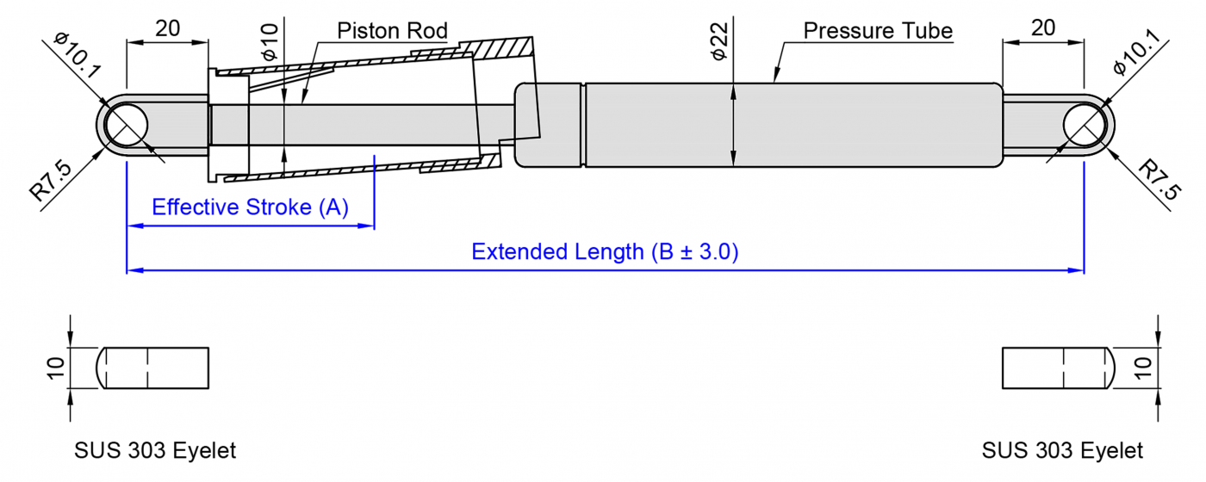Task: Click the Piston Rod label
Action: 392,32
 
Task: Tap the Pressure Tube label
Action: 878,32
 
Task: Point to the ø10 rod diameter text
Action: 270,42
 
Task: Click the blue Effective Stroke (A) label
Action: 250,207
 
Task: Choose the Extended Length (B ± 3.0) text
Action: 605,252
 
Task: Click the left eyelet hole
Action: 127,126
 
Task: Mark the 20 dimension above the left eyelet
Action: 167,28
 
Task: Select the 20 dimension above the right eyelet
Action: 1042,28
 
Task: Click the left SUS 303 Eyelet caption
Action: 155,451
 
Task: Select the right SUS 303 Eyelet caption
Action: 1062,451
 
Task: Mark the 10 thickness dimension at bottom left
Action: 56,368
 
